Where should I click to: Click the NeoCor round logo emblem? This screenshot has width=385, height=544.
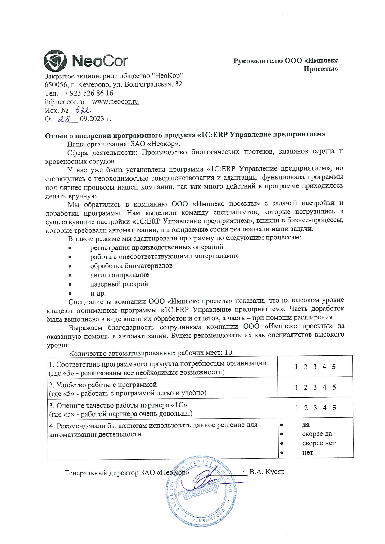pyautogui.click(x=55, y=61)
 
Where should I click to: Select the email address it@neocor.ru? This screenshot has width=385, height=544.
pyautogui.click(x=64, y=102)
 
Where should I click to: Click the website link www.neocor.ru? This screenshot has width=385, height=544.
pyautogui.click(x=115, y=102)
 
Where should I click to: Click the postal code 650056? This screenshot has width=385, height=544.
pyautogui.click(x=55, y=84)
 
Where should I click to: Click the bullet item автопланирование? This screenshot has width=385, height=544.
pyautogui.click(x=120, y=275)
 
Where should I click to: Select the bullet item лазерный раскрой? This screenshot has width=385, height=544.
pyautogui.click(x=119, y=284)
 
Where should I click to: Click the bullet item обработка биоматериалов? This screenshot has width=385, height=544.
pyautogui.click(x=131, y=266)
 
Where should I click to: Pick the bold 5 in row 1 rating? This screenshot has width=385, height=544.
pyautogui.click(x=334, y=367)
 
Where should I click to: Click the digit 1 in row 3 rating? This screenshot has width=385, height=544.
pyautogui.click(x=297, y=408)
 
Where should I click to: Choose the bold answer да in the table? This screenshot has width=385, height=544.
pyautogui.click(x=306, y=425)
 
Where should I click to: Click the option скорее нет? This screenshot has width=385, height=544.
pyautogui.click(x=319, y=443)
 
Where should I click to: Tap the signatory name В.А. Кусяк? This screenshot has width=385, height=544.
pyautogui.click(x=267, y=472)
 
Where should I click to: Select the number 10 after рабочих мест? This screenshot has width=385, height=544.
pyautogui.click(x=229, y=353)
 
